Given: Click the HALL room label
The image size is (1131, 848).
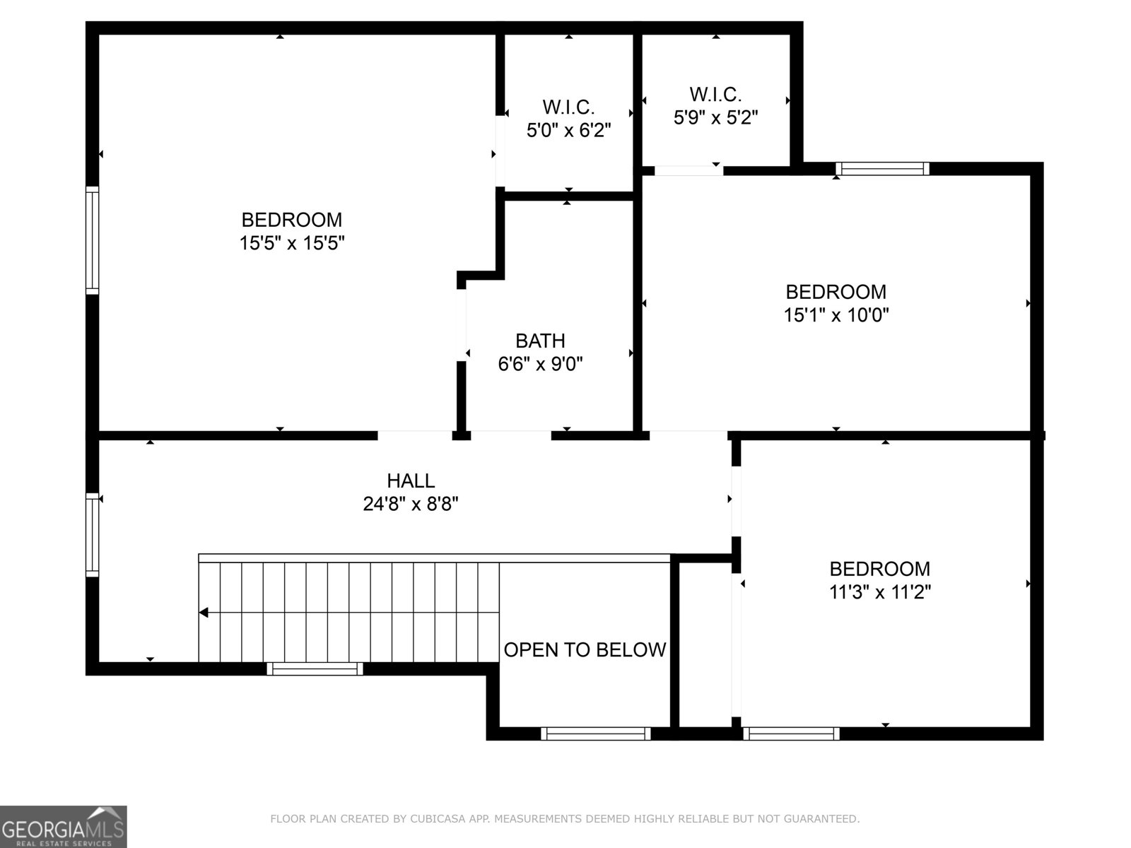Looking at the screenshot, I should click(411, 481).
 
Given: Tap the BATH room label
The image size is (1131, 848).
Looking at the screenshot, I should click(540, 341).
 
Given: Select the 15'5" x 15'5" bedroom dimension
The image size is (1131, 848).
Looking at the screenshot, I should click(292, 244).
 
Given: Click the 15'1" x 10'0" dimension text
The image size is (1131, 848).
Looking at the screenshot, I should click(836, 315).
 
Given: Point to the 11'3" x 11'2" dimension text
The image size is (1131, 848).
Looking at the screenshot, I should click(880, 592).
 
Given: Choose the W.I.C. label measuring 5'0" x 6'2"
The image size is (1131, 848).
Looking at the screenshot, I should click(568, 107).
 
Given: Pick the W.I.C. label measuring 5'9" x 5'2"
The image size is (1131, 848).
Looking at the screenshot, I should click(715, 94).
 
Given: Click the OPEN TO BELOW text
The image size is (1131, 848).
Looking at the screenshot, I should click(585, 650).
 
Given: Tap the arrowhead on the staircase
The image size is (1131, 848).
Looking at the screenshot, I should click(204, 613).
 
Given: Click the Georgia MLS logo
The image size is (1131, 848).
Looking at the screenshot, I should click(64, 826).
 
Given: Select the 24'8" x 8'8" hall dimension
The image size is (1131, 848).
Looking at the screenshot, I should click(411, 505).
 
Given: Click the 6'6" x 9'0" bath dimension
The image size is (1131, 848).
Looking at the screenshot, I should click(540, 365).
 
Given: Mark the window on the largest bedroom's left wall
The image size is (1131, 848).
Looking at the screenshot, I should click(92, 240).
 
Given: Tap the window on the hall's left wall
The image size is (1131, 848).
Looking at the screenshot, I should click(92, 534).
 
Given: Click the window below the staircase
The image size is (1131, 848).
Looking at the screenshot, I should click(315, 669).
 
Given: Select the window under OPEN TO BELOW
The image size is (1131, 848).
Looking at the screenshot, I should click(595, 734).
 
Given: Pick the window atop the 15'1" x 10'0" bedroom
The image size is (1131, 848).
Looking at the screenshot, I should click(881, 168).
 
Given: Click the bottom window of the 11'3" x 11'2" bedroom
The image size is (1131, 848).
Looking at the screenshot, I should click(791, 734).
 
